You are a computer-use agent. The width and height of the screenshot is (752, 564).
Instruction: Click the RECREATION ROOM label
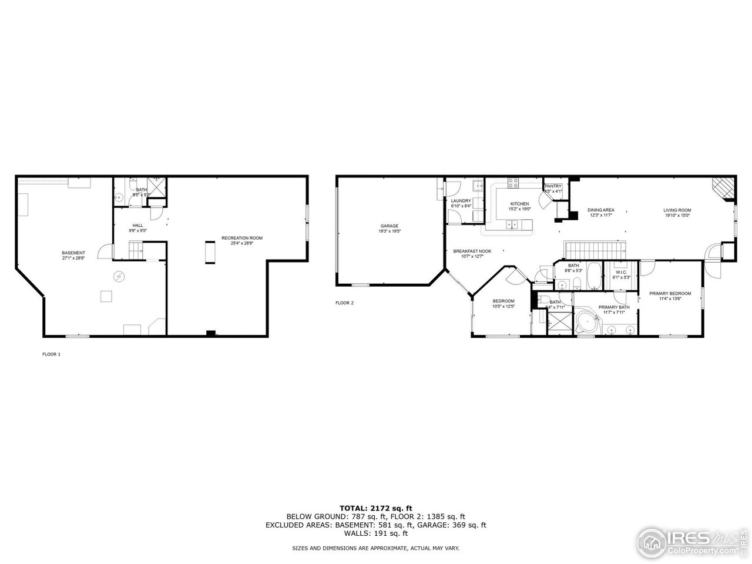click(x=241, y=238)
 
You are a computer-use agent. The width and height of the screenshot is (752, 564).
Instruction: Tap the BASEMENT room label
click(x=73, y=253)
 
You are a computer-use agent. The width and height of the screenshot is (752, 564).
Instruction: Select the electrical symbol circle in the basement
click(x=119, y=275)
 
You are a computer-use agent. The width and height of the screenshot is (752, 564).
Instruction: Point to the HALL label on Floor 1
click(x=137, y=226)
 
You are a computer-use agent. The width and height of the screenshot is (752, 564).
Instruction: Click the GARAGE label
click(x=389, y=226)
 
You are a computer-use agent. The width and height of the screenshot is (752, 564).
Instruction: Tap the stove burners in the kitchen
click(x=513, y=183)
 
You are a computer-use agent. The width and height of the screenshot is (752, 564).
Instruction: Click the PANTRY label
click(x=553, y=186)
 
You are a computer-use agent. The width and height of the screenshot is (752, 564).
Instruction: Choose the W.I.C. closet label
click(x=621, y=272)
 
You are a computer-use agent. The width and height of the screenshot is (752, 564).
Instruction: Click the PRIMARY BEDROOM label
click(x=670, y=293)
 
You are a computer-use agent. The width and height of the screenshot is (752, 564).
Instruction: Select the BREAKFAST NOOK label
click(x=472, y=251)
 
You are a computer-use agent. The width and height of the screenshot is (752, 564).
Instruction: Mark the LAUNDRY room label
click(x=461, y=201)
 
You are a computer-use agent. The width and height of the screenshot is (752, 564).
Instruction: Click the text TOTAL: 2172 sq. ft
click(x=376, y=508)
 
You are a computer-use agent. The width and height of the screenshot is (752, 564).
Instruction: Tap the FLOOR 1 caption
click(x=51, y=354)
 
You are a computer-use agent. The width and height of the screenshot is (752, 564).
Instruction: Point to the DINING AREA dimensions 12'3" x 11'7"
click(x=600, y=216)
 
